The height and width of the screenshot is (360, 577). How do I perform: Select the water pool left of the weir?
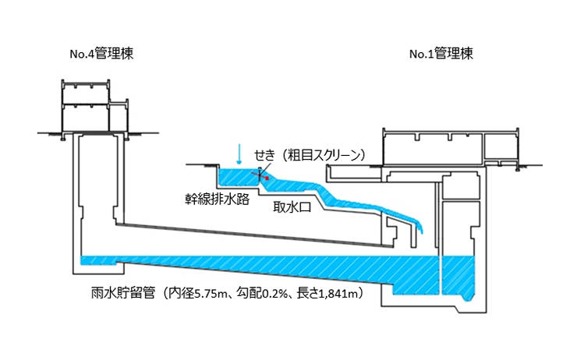(234, 177)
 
